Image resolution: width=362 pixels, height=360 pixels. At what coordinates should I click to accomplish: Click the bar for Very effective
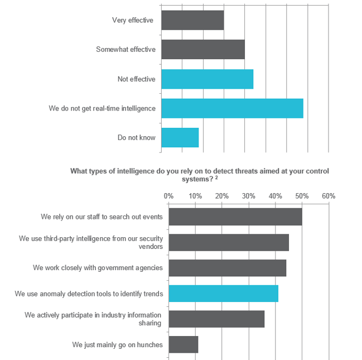pyautogui.click(x=192, y=20)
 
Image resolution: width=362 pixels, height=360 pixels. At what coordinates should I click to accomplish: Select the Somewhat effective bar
pyautogui.click(x=203, y=50)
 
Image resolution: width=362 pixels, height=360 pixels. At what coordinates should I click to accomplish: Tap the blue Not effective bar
pyautogui.click(x=207, y=79)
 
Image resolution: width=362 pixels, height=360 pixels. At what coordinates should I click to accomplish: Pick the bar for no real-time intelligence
pyautogui.click(x=232, y=108)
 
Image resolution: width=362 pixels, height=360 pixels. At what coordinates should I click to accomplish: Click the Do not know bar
pyautogui.click(x=180, y=137)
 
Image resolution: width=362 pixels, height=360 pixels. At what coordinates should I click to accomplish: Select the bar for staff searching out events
pyautogui.click(x=235, y=217)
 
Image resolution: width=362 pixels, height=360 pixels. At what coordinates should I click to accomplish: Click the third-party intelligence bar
pyautogui.click(x=229, y=242)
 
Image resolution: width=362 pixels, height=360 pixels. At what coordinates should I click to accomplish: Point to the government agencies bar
pyautogui.click(x=227, y=267)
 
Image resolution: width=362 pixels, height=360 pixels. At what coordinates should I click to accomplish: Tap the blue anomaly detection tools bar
pyautogui.click(x=223, y=294)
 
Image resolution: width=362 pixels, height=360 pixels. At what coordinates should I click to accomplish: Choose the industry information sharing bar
pyautogui.click(x=216, y=319)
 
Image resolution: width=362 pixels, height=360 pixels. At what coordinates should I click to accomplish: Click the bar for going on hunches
pyautogui.click(x=183, y=344)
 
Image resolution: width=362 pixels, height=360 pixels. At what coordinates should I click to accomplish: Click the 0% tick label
pyautogui.click(x=168, y=196)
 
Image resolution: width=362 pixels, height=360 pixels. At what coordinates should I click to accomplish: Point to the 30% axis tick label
pyautogui.click(x=248, y=196)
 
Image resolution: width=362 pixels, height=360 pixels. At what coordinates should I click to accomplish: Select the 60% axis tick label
pyautogui.click(x=328, y=196)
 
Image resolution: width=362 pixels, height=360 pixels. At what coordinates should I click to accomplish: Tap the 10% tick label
pyautogui.click(x=195, y=196)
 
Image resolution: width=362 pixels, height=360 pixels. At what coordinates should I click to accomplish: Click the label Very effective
pyautogui.click(x=132, y=20)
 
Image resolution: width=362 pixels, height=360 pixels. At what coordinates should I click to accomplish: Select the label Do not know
pyautogui.click(x=136, y=137)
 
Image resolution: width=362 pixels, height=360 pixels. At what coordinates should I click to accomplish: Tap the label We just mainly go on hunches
pyautogui.click(x=117, y=344)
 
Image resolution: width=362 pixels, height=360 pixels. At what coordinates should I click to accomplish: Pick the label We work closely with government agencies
pyautogui.click(x=98, y=267)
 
